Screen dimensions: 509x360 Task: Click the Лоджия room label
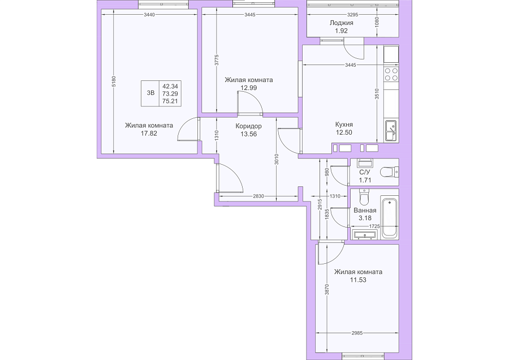(341, 23)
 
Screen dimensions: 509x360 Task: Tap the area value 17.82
(149, 133)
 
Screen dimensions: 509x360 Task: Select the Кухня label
(344, 125)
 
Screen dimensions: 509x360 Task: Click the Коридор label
(249, 126)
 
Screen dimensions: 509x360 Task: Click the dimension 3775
(217, 60)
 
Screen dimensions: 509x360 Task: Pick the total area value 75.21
(170, 101)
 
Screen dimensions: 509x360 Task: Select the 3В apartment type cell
(150, 93)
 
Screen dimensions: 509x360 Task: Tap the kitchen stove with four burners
(391, 74)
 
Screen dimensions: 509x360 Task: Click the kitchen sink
(391, 130)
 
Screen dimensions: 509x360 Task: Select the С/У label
(365, 172)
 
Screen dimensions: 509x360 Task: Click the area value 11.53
(358, 280)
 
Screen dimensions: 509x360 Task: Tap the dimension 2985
(357, 333)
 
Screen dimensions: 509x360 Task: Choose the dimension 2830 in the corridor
(258, 196)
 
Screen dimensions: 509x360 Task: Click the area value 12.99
(249, 87)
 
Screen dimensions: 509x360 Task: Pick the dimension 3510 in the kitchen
(377, 94)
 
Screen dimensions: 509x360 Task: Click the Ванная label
(365, 210)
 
